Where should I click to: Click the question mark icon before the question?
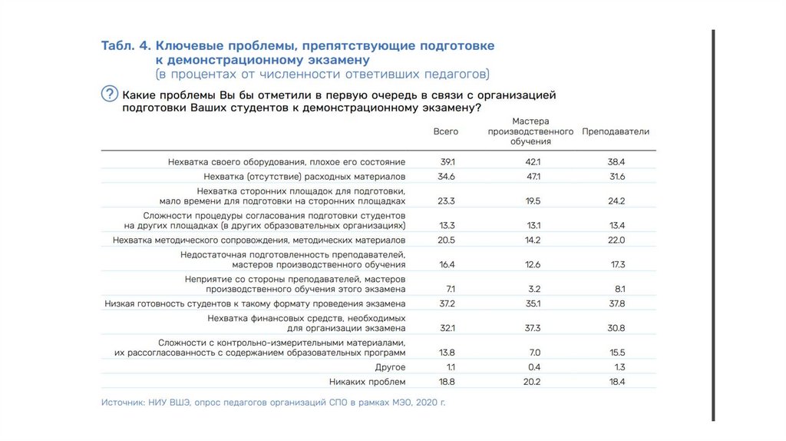(110, 94)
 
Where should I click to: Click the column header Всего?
(446, 131)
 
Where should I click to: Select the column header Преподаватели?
(616, 131)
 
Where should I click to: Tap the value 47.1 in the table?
(533, 177)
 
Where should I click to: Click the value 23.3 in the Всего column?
(447, 201)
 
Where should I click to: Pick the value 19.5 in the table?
(533, 201)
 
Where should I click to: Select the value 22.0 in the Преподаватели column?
(616, 240)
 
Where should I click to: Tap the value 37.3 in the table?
(533, 328)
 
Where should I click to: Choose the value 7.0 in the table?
(534, 352)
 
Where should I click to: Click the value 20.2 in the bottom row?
(533, 382)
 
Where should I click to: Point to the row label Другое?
(390, 367)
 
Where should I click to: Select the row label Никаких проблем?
(367, 382)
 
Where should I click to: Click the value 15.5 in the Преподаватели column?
(616, 352)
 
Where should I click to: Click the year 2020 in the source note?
(428, 403)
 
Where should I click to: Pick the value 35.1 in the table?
(533, 303)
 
